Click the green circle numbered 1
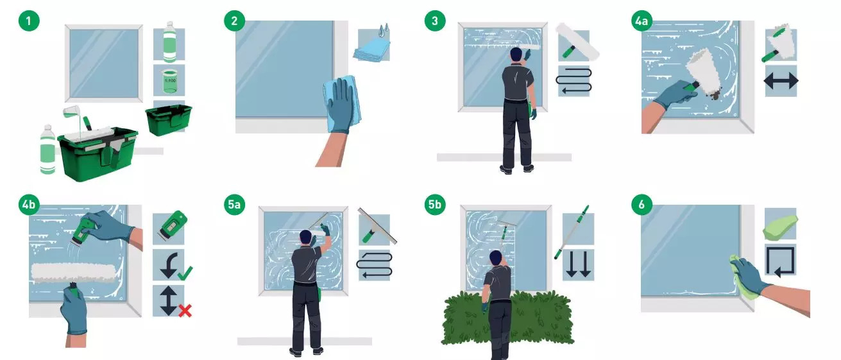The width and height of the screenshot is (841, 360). [29, 21]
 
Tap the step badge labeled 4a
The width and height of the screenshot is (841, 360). [641, 21]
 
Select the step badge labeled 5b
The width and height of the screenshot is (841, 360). [435, 204]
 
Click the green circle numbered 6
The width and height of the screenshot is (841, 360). [641, 204]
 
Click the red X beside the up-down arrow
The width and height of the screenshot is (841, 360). [185, 311]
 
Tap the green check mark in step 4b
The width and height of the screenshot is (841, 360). [185, 273]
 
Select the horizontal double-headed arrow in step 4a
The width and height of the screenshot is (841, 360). [781, 81]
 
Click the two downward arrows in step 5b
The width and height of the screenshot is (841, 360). [578, 264]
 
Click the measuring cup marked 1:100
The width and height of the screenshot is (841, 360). [169, 81]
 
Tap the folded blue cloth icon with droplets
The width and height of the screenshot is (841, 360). [372, 45]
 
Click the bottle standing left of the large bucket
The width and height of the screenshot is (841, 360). [47, 150]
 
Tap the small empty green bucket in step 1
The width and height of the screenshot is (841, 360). [169, 119]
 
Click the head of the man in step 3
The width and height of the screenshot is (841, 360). [516, 55]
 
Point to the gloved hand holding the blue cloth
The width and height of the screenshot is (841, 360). [341, 106]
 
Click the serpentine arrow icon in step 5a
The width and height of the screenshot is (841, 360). [375, 265]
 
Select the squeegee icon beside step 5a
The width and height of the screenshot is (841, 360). [377, 227]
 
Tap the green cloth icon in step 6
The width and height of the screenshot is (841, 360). [781, 227]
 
